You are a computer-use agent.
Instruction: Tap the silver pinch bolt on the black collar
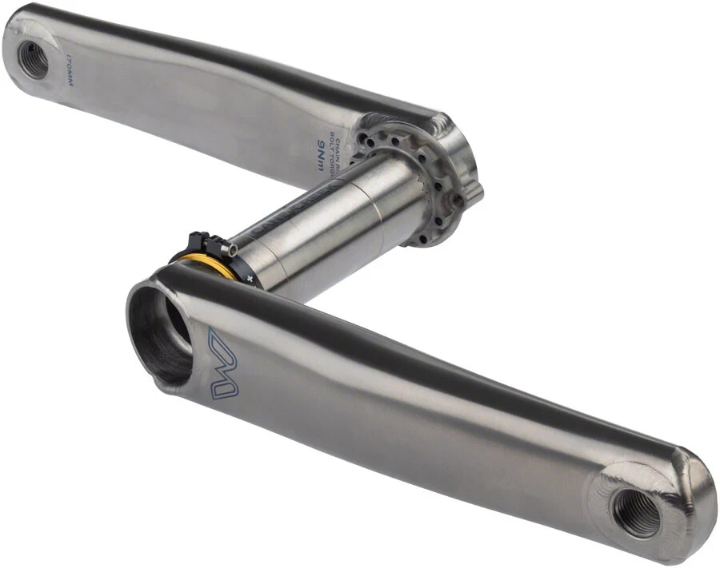(229, 250)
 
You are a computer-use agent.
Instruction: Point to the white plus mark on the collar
(250, 277)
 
